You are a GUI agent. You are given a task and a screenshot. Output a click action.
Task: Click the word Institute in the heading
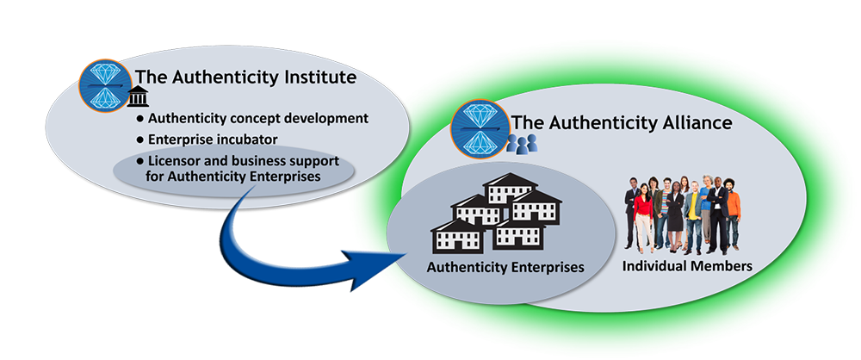tap(316, 77)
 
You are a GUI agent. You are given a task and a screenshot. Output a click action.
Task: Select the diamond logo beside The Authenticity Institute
tap(106, 86)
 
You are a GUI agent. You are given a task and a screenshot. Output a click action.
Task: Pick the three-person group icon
tap(522, 143)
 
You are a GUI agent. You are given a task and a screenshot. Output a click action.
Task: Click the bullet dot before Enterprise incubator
tap(139, 140)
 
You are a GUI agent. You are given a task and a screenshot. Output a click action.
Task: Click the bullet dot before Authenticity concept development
tap(139, 118)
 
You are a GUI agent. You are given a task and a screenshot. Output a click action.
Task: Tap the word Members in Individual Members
tap(721, 267)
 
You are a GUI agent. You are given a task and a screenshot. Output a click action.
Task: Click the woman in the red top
tap(643, 216)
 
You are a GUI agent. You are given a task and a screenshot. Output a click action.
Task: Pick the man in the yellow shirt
tap(694, 216)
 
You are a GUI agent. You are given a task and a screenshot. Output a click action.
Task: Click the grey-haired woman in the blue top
tap(706, 209)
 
